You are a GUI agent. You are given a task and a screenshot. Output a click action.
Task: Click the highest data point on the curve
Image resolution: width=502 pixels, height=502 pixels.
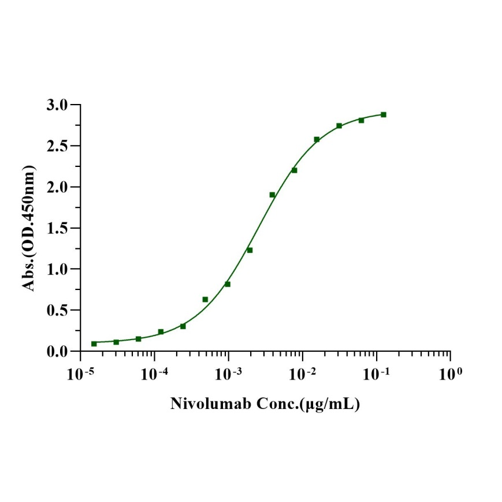384,114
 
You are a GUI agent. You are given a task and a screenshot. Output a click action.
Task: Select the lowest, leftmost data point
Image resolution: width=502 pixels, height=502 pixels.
94,344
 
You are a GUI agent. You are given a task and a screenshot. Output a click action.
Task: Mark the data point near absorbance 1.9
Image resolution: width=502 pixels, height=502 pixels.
272,195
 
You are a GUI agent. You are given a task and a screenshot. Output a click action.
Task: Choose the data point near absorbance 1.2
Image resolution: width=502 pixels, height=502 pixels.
250,250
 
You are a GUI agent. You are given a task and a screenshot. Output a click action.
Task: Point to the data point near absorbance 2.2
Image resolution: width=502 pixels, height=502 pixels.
294,170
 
